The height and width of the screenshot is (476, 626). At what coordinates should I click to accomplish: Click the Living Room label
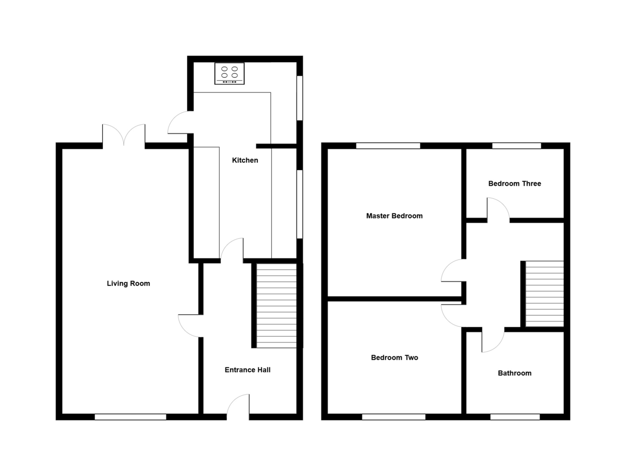tap(128, 284)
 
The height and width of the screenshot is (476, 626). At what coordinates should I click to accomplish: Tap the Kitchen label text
tap(245, 160)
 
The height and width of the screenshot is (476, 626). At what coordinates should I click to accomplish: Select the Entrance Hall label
tap(247, 370)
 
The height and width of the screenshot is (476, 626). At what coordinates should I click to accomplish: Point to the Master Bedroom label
tap(394, 216)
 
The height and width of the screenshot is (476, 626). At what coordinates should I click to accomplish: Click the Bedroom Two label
tap(394, 358)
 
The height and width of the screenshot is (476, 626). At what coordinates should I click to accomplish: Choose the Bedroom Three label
tap(514, 184)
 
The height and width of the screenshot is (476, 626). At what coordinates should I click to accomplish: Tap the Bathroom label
tap(514, 373)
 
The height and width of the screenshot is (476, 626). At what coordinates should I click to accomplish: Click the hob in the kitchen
tap(229, 74)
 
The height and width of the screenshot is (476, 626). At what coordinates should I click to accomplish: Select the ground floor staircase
tap(276, 305)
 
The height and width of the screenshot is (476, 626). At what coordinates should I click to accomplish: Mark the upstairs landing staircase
tap(544, 293)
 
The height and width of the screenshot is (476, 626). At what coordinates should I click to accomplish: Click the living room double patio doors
tap(124, 137)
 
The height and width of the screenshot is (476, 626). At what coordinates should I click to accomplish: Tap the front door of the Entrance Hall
tap(238, 407)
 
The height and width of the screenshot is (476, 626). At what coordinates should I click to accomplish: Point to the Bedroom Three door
tap(498, 210)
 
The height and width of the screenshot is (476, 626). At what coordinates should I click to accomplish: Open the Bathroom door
tap(492, 340)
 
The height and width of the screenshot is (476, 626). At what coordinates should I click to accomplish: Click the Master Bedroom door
tap(452, 270)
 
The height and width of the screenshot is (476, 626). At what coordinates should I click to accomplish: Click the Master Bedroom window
tap(388, 146)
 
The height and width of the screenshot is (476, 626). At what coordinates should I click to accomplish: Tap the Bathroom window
tap(515, 416)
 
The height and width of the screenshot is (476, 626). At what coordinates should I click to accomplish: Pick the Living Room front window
tap(130, 416)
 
